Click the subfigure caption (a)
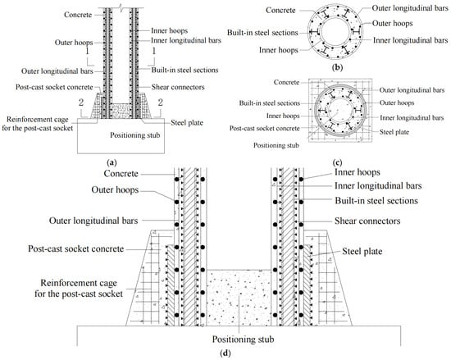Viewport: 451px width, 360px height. tap(112, 162)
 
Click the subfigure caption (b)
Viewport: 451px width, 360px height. tap(337, 68)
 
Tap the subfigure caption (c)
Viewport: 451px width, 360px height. tap(337, 163)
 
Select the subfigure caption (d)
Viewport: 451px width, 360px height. tap(225, 353)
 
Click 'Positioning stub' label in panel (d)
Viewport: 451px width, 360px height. tap(243, 339)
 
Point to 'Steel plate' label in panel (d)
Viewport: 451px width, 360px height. tap(362, 251)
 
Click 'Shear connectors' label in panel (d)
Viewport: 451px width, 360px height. tap(367, 221)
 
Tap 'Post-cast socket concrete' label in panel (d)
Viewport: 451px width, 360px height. tap(76, 248)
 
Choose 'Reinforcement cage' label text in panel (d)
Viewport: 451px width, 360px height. tap(79, 283)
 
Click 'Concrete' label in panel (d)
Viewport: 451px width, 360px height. tap(121, 174)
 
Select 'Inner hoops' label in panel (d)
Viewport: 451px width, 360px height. tap(358, 172)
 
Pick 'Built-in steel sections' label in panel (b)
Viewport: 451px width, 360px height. tap(262, 33)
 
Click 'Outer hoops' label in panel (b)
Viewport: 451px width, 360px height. tap(392, 23)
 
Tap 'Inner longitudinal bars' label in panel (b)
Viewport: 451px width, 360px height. tap(411, 40)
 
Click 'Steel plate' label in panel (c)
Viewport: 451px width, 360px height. tap(394, 132)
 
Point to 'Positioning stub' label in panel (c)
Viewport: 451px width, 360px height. tap(276, 145)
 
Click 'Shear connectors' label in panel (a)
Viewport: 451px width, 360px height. tap(178, 87)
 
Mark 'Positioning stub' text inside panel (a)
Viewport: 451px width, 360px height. tap(135, 135)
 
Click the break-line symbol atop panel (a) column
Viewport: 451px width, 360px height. tap(121, 5)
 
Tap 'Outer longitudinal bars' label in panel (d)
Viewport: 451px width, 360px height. tap(93, 221)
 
